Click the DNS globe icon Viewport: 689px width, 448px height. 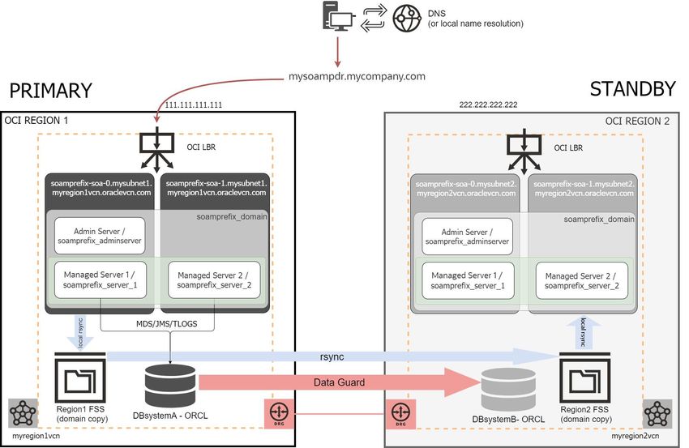click(x=407, y=19)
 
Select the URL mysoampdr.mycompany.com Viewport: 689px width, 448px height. click(x=357, y=77)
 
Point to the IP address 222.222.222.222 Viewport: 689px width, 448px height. click(x=488, y=105)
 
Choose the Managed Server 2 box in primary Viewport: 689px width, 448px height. click(x=215, y=279)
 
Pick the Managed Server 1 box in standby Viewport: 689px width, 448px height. click(x=468, y=279)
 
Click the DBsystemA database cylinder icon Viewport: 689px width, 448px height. click(x=169, y=382)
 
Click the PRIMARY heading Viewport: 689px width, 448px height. click(x=51, y=90)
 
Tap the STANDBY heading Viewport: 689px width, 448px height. click(x=631, y=90)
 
